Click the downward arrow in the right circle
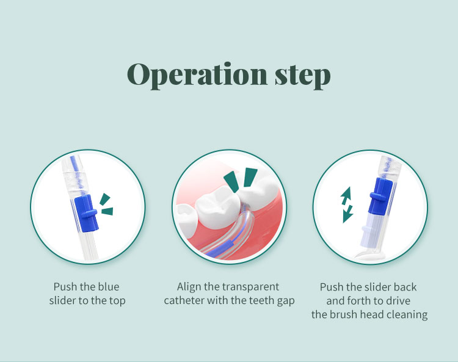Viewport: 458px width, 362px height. [x=348, y=213]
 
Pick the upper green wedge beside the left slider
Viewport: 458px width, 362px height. [x=105, y=198]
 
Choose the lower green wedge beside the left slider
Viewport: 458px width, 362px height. [x=107, y=212]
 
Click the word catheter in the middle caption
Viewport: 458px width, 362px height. [x=184, y=300]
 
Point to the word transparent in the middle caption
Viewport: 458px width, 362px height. [x=252, y=287]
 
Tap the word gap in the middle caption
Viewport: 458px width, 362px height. [x=285, y=301]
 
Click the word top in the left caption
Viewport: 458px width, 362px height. [x=117, y=301]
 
